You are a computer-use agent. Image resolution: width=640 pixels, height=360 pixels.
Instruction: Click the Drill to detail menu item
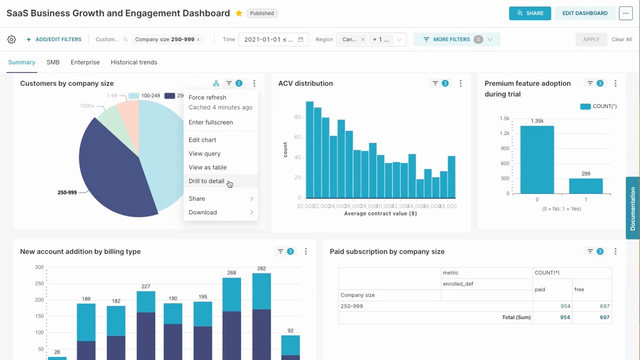[x=206, y=181]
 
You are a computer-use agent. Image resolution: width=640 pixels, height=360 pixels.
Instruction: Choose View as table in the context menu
[x=207, y=167]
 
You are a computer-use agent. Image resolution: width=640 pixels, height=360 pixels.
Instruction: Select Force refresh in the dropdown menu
[x=207, y=97]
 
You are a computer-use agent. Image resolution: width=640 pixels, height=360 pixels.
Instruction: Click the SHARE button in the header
[x=530, y=13]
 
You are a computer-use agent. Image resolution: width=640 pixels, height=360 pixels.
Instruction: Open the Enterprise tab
[x=85, y=62]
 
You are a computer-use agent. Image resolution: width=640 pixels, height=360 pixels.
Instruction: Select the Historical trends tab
[x=134, y=62]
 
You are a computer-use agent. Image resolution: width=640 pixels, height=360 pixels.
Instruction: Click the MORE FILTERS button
[x=451, y=39]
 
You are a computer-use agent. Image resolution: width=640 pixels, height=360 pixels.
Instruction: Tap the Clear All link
[x=621, y=39]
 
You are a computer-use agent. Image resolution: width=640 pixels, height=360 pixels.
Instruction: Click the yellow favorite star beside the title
[x=239, y=13]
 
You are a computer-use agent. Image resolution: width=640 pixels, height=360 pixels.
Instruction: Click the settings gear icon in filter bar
[x=11, y=39]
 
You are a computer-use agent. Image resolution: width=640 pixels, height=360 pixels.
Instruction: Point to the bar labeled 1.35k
[x=537, y=160]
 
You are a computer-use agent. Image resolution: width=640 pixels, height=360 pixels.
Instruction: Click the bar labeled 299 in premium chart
[x=586, y=186]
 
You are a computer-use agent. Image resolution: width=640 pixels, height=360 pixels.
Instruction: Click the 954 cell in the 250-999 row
[x=565, y=306]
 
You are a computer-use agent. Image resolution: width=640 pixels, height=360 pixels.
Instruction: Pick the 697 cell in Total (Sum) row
[x=604, y=317]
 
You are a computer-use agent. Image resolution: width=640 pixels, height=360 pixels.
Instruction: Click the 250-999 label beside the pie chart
[x=67, y=192]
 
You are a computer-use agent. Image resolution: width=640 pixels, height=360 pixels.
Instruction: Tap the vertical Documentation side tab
[x=632, y=208]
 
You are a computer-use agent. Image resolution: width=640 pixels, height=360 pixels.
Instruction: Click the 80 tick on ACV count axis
[x=297, y=117]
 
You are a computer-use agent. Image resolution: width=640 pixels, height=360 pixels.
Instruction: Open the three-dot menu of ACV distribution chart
[x=460, y=83]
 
